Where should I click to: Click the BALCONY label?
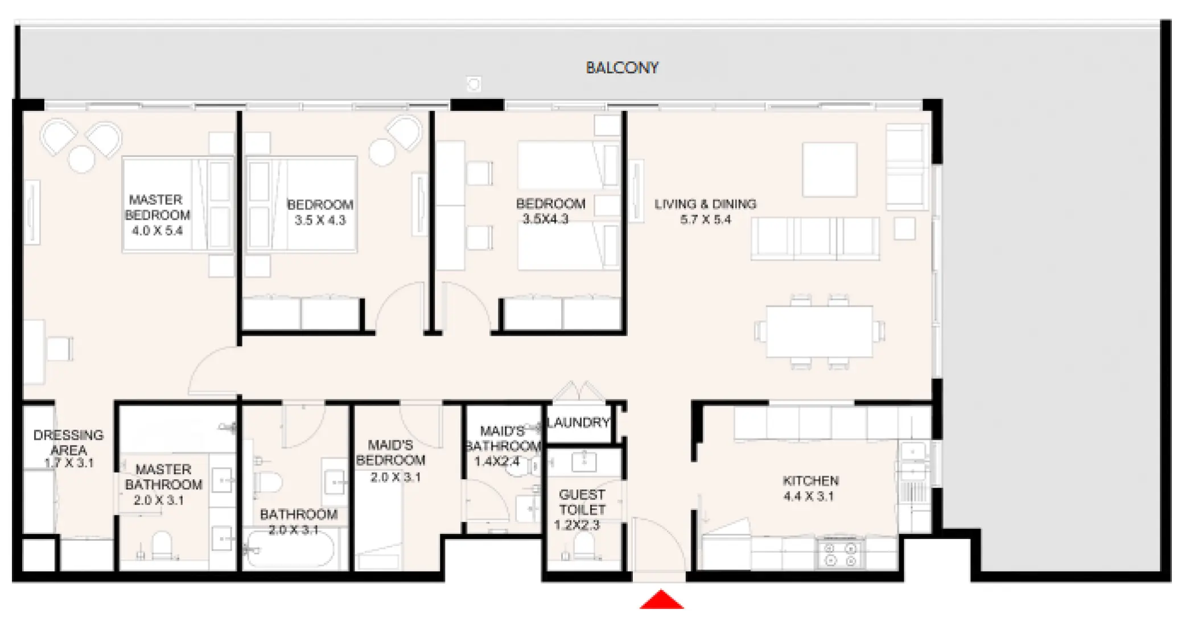(621, 68)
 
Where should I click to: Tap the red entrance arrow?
(661, 600)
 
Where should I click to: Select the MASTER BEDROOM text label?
(157, 207)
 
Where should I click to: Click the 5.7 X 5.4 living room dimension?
(705, 220)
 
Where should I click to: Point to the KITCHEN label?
(810, 480)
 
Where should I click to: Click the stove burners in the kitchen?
(841, 554)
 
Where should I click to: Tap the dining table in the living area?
(819, 332)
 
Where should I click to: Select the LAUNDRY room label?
(578, 422)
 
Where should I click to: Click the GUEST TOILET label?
(582, 502)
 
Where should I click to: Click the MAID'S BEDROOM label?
(390, 452)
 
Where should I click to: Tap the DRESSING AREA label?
(68, 442)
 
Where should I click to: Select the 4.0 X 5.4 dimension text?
(157, 230)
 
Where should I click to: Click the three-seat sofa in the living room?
(815, 238)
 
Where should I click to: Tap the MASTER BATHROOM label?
(163, 477)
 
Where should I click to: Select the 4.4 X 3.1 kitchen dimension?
(808, 496)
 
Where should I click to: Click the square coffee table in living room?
(829, 169)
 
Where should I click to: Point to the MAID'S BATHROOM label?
(502, 439)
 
